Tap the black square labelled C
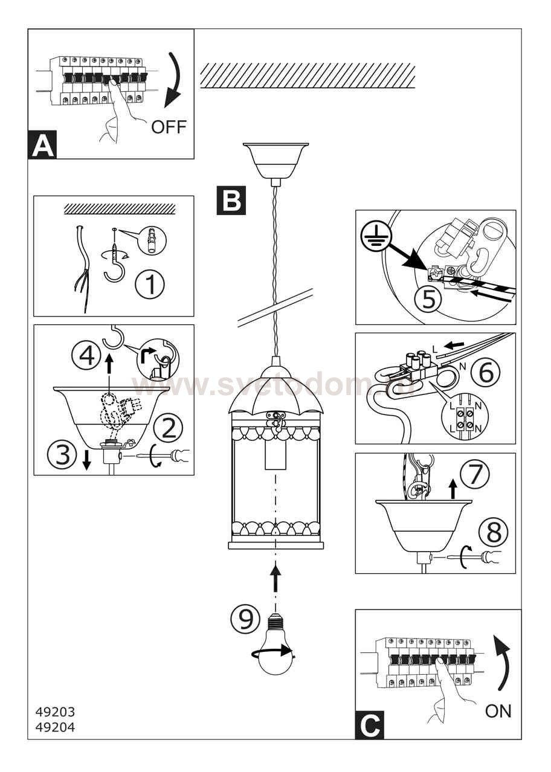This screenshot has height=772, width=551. (369, 725)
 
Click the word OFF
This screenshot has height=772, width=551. (169, 127)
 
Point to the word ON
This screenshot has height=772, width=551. (498, 712)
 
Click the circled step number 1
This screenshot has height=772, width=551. (149, 285)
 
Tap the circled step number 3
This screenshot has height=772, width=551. (63, 455)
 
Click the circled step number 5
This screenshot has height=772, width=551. (428, 300)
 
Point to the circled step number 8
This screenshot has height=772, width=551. (493, 532)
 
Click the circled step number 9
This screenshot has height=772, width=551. (245, 619)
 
